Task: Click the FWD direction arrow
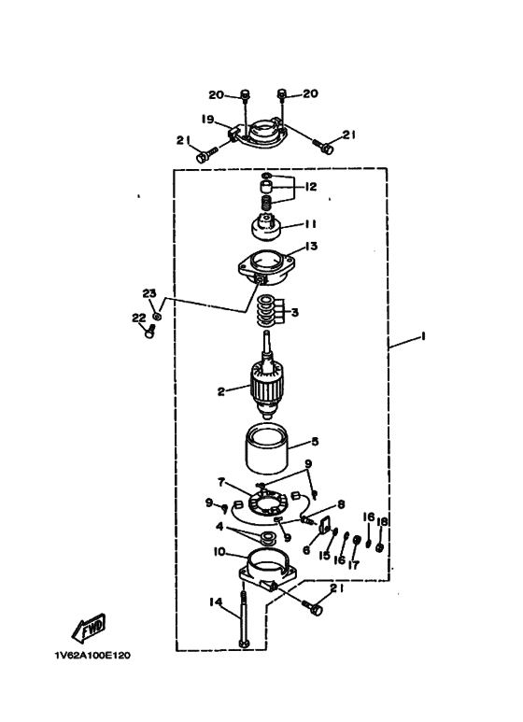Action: point(89,628)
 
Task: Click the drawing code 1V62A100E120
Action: point(92,656)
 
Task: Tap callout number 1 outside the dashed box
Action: point(423,336)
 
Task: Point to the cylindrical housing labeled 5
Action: point(266,448)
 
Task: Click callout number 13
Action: point(312,247)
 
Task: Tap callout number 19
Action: point(208,120)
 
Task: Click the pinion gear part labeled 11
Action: point(265,228)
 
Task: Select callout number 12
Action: point(311,187)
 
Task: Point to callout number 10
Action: point(219,551)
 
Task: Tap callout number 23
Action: point(149,293)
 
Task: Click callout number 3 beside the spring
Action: point(294,313)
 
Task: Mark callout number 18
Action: point(382,522)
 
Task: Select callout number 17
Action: point(353,565)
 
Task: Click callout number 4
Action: point(219,526)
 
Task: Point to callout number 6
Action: point(306,549)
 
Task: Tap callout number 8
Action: point(341,505)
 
